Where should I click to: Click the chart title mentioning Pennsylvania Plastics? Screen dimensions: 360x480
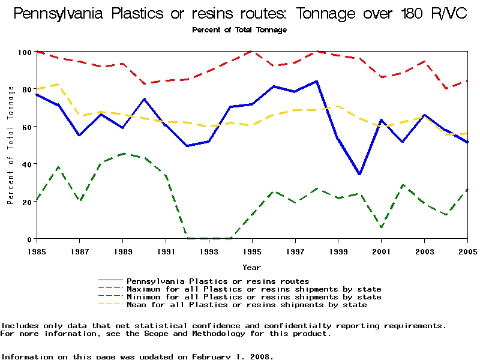[x=239, y=14]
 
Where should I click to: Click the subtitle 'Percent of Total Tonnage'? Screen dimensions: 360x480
[x=239, y=29]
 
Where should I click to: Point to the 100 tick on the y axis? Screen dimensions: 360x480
[x=24, y=52]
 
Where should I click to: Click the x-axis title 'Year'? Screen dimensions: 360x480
[x=251, y=267]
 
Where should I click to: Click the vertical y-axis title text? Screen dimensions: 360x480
[x=11, y=145]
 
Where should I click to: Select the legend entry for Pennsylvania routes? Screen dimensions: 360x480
[x=218, y=281]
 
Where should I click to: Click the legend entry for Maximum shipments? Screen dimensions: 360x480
[x=254, y=289]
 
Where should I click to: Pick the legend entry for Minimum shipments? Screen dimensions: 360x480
[x=254, y=297]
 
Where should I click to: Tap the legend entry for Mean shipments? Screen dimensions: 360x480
[x=247, y=305]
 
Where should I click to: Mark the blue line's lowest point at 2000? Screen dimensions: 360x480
[x=360, y=174]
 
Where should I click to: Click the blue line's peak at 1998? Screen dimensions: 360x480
[x=317, y=81]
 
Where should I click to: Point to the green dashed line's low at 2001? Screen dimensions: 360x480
[x=382, y=227]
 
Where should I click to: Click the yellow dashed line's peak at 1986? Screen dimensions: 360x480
[x=58, y=84]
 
